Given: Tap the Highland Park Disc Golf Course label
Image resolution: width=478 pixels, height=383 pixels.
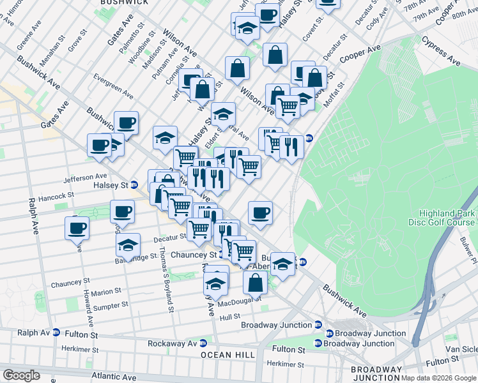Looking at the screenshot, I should click(447, 218).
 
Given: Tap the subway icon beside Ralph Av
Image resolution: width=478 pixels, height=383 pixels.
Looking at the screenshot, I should click(56, 333).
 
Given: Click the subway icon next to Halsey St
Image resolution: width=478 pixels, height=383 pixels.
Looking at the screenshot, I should click(135, 184).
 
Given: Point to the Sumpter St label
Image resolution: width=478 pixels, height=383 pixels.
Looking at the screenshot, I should click(106, 307).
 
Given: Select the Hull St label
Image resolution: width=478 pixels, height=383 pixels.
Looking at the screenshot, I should click(229, 317).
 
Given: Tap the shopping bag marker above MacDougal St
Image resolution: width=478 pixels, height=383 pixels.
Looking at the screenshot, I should click(255, 282).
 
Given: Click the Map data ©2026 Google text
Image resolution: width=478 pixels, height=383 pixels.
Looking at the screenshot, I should click(438, 378).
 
